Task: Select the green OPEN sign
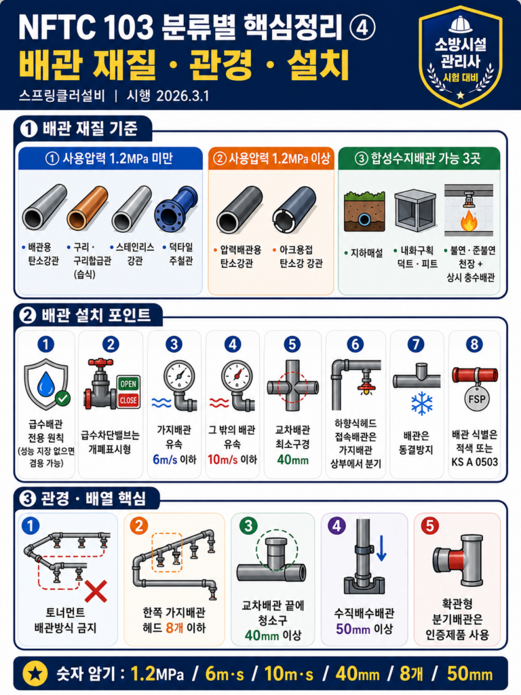click(128, 384)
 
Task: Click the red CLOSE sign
click(128, 400)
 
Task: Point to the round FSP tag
click(476, 398)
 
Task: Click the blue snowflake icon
click(421, 403)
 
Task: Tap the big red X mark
click(96, 591)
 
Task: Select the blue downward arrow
click(381, 548)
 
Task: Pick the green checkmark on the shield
click(62, 398)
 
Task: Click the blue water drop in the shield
click(45, 384)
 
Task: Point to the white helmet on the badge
click(461, 24)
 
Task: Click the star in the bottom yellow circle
click(35, 674)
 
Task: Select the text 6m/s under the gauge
click(165, 459)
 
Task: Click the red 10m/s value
click(223, 459)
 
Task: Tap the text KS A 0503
click(474, 462)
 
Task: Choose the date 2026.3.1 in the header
click(182, 96)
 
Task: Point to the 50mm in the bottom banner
click(469, 674)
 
